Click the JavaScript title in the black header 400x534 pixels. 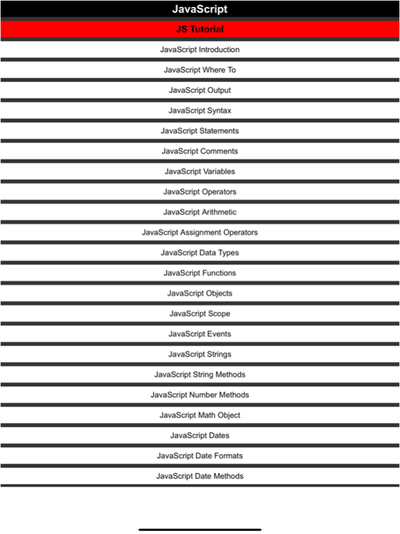(x=200, y=10)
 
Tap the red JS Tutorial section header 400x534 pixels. (x=200, y=29)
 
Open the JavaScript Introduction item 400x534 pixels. (x=200, y=49)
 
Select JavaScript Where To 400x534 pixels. (x=200, y=70)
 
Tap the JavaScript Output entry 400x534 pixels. (x=200, y=90)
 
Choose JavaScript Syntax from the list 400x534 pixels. (x=200, y=111)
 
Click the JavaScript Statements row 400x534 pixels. (x=200, y=131)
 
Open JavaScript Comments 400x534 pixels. (x=200, y=151)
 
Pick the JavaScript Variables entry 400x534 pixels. (x=200, y=172)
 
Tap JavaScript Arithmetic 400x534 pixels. (x=200, y=212)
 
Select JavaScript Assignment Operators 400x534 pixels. (x=200, y=232)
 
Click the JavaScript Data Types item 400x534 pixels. (x=200, y=253)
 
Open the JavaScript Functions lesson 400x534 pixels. (x=200, y=273)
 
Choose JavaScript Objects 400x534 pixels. (x=200, y=293)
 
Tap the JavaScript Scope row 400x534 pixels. (x=200, y=314)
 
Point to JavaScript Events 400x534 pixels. (x=200, y=334)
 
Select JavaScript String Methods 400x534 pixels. (x=200, y=375)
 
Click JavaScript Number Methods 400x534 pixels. (x=200, y=395)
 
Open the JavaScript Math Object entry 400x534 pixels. (x=200, y=415)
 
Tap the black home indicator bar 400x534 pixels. (x=200, y=529)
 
